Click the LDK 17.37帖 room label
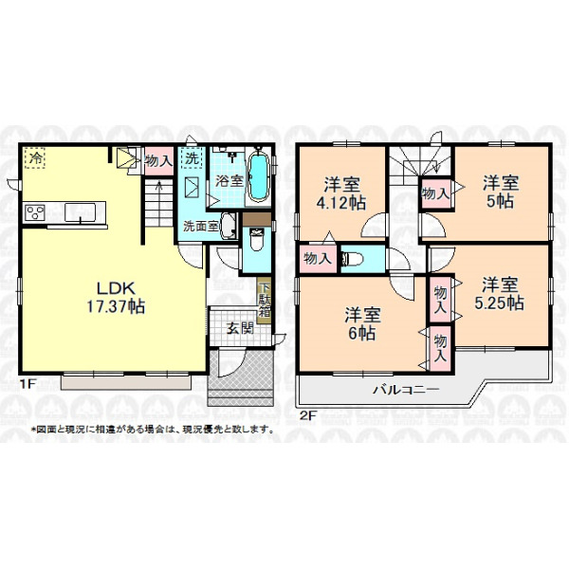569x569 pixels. (x=116, y=298)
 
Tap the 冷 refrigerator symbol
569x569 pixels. (x=35, y=157)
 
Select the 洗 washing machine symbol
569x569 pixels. (x=192, y=157)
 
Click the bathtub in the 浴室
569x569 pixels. (x=259, y=176)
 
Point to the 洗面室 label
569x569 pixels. (x=200, y=227)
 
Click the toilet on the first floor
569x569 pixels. (x=257, y=239)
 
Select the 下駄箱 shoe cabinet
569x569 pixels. (x=265, y=300)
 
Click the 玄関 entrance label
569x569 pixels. (x=240, y=329)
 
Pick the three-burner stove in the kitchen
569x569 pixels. (x=35, y=212)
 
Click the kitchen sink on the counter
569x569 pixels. (x=81, y=212)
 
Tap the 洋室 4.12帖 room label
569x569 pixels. (x=341, y=193)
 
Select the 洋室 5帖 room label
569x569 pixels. (x=501, y=192)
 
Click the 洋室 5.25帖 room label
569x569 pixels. (x=500, y=294)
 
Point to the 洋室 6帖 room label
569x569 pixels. (x=362, y=323)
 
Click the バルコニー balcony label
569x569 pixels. (x=407, y=390)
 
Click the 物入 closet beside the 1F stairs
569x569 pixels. (x=158, y=161)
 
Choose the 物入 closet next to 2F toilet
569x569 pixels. (x=318, y=259)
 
